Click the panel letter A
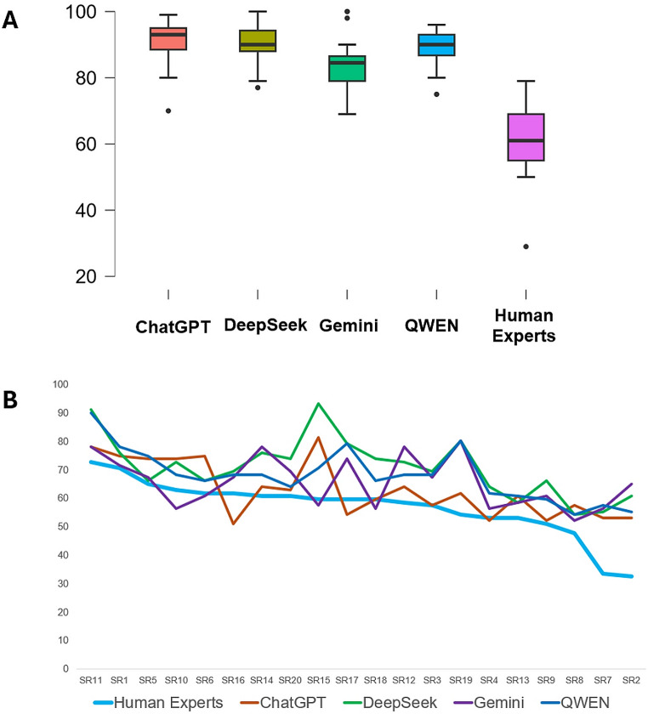click(10, 20)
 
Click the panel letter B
click(11, 399)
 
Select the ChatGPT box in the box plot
click(168, 39)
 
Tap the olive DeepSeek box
click(257, 41)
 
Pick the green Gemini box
click(347, 68)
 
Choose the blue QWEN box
click(436, 45)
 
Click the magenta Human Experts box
click(526, 137)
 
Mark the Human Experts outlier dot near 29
click(526, 246)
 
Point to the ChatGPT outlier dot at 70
click(168, 110)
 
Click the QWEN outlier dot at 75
click(436, 94)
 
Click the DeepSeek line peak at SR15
click(319, 404)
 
